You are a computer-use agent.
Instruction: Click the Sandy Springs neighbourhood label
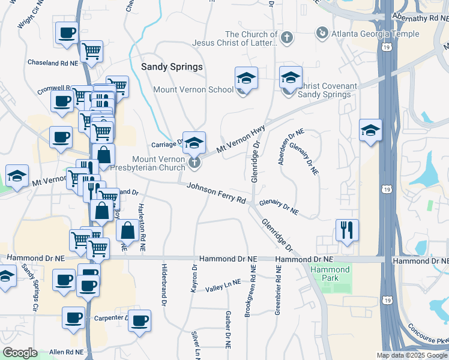tap(172, 67)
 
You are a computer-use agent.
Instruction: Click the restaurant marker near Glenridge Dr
tap(347, 229)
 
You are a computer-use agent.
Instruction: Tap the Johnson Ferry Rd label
tap(217, 193)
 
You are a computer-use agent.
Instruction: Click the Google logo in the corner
tap(20, 353)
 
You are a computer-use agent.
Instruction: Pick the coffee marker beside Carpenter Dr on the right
tap(139, 320)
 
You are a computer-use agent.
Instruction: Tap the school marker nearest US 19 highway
tap(370, 130)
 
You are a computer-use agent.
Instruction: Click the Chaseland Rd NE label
tap(53, 62)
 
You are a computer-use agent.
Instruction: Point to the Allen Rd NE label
tap(64, 352)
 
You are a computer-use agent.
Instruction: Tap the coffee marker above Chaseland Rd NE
tap(67, 32)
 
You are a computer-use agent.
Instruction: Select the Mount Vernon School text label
tap(193, 90)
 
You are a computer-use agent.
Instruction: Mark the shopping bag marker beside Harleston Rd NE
tap(127, 230)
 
